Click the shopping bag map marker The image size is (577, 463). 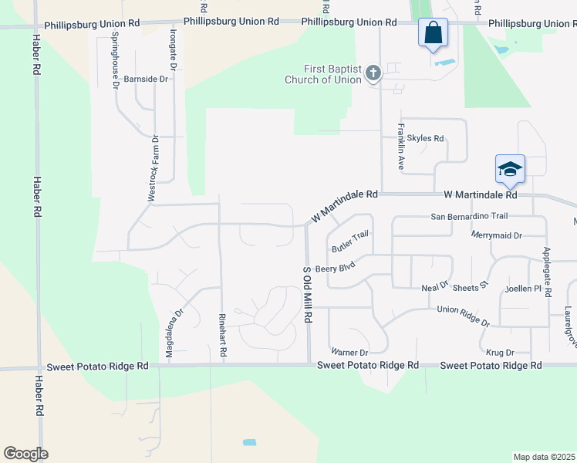point(433,33)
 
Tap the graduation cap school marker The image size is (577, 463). point(510,169)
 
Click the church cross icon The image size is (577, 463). point(373,74)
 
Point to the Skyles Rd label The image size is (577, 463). point(426,139)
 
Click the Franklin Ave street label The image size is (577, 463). point(401,147)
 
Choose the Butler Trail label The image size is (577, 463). point(351,242)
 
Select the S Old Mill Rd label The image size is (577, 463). point(307,294)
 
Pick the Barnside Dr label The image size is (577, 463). point(146,79)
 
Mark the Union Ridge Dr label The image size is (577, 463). point(464,315)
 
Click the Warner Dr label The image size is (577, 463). point(349,353)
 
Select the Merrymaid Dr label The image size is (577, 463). point(497,235)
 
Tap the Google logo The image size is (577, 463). point(25,454)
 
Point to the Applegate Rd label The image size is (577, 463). point(548,272)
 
